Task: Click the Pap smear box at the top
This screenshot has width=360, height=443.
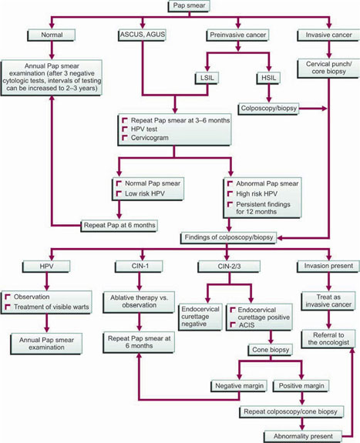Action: pyautogui.click(x=189, y=6)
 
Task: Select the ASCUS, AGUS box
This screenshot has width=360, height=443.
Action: pyautogui.click(x=143, y=35)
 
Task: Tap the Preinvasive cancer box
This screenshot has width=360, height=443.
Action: pyautogui.click(x=237, y=35)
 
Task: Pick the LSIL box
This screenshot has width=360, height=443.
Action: pyautogui.click(x=207, y=78)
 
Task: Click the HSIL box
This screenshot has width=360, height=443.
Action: pyautogui.click(x=268, y=78)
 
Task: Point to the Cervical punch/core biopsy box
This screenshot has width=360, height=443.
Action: pyautogui.click(x=328, y=68)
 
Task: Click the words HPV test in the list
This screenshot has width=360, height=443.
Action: pyautogui.click(x=144, y=129)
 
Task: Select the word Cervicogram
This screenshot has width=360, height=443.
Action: pyautogui.click(x=150, y=138)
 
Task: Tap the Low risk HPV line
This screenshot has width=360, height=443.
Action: pyautogui.click(x=144, y=194)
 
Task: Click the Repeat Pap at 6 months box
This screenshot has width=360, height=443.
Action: pyautogui.click(x=119, y=226)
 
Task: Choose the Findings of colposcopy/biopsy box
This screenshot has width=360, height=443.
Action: pyautogui.click(x=228, y=237)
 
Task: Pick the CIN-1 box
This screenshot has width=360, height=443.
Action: pyautogui.click(x=140, y=267)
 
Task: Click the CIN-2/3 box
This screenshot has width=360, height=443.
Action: pyautogui.click(x=229, y=267)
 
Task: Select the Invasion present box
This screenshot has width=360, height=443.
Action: pyautogui.click(x=328, y=266)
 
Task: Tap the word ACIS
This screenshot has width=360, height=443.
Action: pyautogui.click(x=247, y=325)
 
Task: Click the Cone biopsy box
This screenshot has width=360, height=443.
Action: pyautogui.click(x=271, y=350)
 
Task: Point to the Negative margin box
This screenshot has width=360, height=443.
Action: pyautogui.click(x=239, y=386)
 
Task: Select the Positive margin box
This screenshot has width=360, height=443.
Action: pyautogui.click(x=301, y=386)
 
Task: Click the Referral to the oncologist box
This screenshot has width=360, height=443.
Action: pyautogui.click(x=328, y=339)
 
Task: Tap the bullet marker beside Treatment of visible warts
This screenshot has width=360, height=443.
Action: pyautogui.click(x=8, y=307)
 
